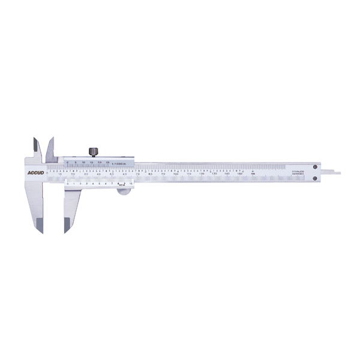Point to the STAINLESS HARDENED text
(x=298, y=173)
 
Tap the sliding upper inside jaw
(x=50, y=147)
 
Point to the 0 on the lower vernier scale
(x=67, y=183)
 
